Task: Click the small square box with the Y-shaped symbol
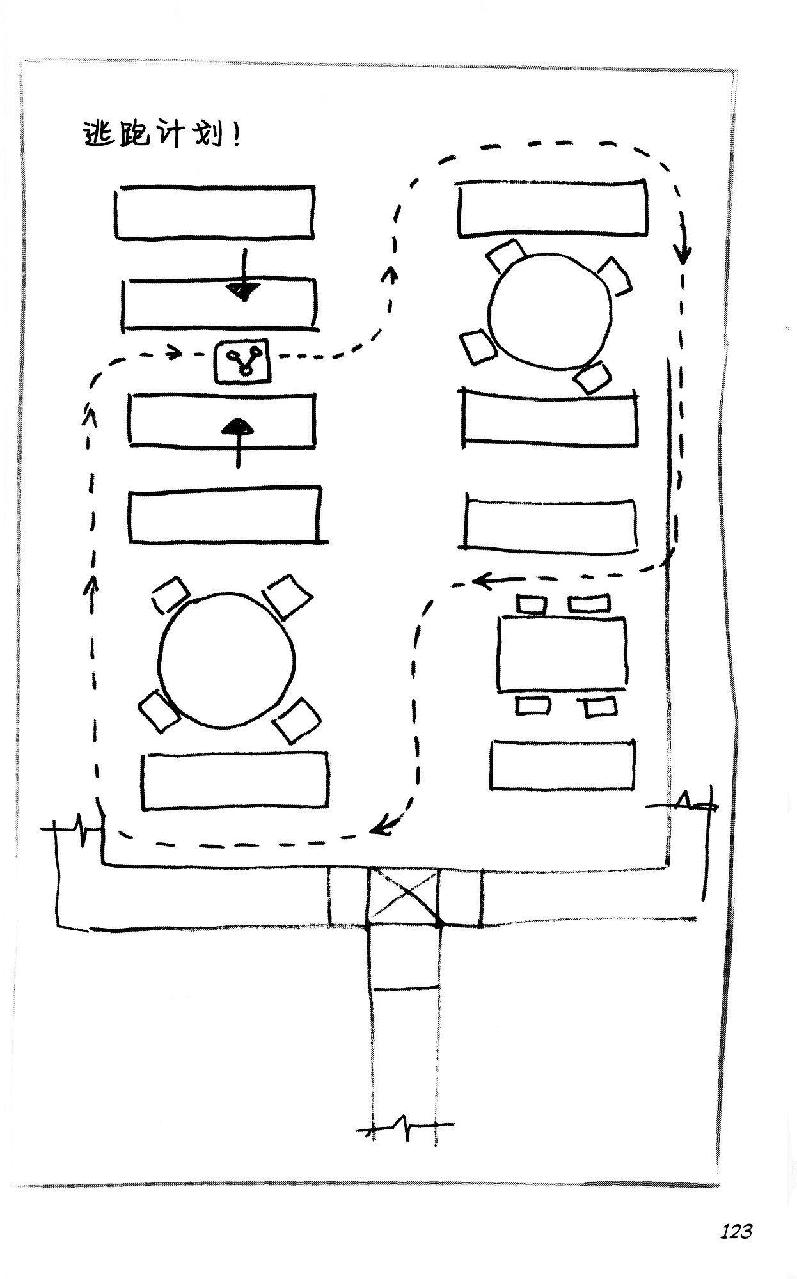(x=242, y=362)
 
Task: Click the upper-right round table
(x=548, y=311)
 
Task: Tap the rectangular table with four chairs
(x=562, y=654)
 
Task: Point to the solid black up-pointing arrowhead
(x=238, y=427)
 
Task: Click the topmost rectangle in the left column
(x=215, y=213)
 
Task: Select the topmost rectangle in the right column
(x=553, y=208)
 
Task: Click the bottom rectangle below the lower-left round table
(x=235, y=781)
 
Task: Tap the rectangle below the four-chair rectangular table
(x=564, y=765)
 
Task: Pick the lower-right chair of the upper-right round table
(x=592, y=377)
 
